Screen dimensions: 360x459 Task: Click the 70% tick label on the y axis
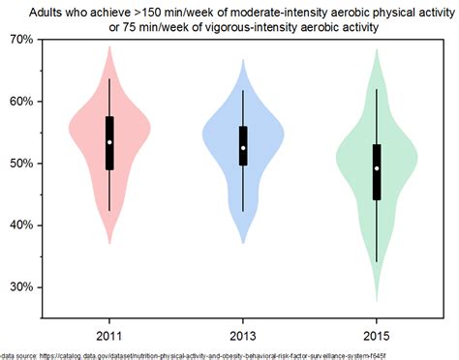pos(19,40)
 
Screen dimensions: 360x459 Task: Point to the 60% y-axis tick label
pos(19,102)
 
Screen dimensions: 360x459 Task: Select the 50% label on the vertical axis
pos(19,164)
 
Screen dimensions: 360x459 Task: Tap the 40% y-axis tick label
pos(19,225)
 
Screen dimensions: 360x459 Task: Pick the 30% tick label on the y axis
pos(19,287)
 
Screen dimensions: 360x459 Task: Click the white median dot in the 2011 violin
pos(109,142)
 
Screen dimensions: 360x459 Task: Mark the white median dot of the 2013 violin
pos(243,148)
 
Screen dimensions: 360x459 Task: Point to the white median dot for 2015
pos(377,168)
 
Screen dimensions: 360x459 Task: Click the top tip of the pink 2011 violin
pos(109,46)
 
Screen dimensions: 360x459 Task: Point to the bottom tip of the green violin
pos(377,302)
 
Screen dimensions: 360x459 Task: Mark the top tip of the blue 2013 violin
pos(243,60)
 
